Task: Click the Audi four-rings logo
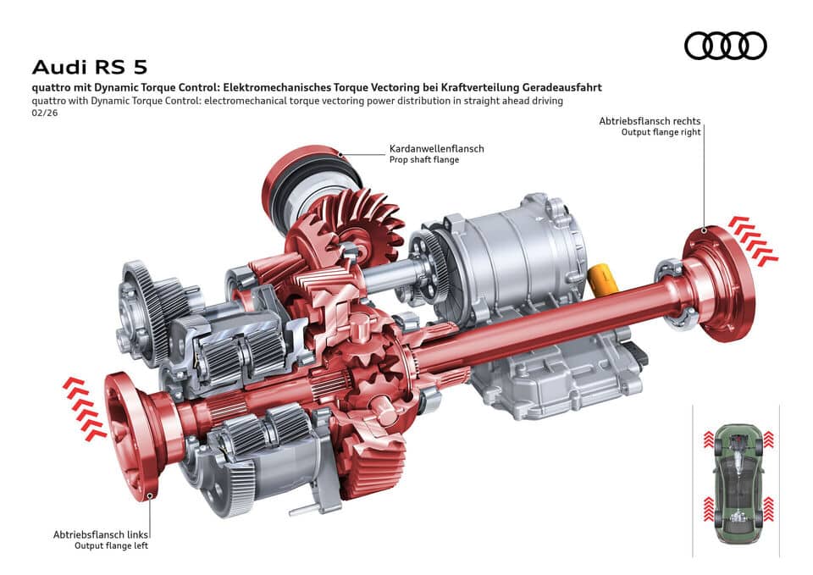pyautogui.click(x=725, y=45)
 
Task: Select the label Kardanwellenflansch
pyautogui.click(x=436, y=148)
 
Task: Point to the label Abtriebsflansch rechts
pyautogui.click(x=650, y=121)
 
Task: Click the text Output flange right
pyautogui.click(x=661, y=132)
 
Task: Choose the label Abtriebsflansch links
pyautogui.click(x=101, y=534)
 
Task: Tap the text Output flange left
pyautogui.click(x=111, y=546)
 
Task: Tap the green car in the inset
pyautogui.click(x=734, y=483)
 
